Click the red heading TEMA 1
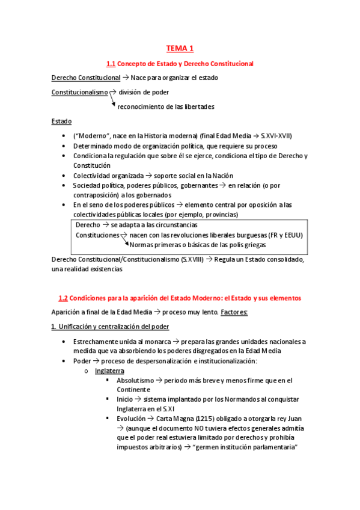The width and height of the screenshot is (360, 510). (x=180, y=48)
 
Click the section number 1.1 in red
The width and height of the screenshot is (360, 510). (x=110, y=63)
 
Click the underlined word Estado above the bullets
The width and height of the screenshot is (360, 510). (x=61, y=121)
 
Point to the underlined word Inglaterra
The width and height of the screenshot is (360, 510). (x=109, y=371)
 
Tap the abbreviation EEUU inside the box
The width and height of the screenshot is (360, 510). (x=293, y=235)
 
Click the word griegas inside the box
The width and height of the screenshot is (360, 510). (x=252, y=245)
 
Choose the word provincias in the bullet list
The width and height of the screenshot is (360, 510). (x=219, y=215)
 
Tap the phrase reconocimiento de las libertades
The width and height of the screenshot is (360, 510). (x=166, y=106)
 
